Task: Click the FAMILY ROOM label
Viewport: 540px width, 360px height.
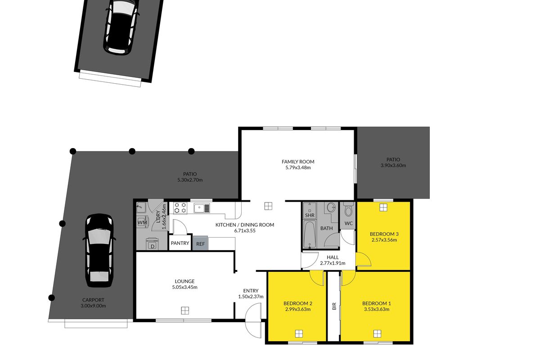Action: [298, 162]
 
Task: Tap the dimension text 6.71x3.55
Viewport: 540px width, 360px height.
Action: [245, 230]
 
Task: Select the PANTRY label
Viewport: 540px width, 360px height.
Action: [180, 243]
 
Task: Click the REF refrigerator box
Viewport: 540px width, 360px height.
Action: [200, 243]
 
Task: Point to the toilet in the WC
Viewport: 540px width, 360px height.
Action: [348, 210]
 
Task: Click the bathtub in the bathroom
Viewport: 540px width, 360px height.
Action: [310, 234]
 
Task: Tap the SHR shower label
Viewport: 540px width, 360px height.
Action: [310, 215]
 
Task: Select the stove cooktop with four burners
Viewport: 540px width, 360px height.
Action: [180, 208]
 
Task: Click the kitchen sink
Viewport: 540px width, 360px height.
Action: [202, 208]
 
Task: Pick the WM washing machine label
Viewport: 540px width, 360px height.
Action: [142, 222]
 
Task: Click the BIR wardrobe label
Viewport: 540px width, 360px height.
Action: [334, 306]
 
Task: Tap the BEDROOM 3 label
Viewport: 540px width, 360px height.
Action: [384, 234]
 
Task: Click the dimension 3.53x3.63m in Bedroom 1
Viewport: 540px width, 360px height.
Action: [377, 309]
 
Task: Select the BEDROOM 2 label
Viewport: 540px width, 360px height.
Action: [298, 303]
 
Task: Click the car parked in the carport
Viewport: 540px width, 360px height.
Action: [99, 250]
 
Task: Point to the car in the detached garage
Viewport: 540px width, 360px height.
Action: [121, 27]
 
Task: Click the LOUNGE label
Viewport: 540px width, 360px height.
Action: [184, 281]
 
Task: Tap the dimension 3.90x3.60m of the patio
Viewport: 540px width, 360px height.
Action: [393, 166]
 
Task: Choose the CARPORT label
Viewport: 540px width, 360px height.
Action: [93, 300]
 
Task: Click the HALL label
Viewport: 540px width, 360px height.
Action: [333, 257]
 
